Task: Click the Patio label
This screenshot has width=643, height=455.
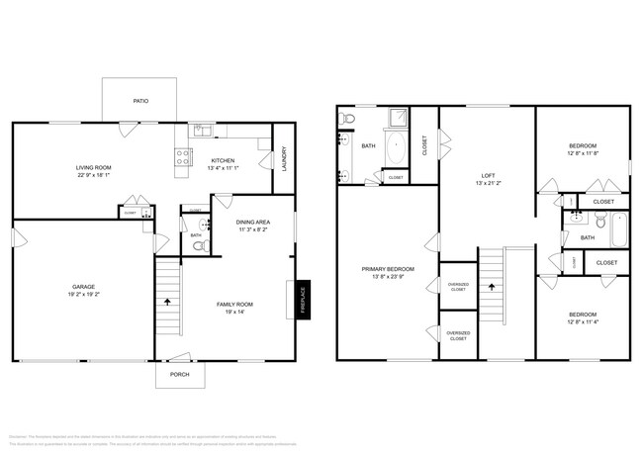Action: [141, 101]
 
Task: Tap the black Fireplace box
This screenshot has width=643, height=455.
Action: [304, 299]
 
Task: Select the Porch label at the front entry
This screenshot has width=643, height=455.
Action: [179, 375]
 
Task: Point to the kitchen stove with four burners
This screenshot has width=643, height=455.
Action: [182, 154]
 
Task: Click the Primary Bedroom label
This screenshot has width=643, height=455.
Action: [388, 269]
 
